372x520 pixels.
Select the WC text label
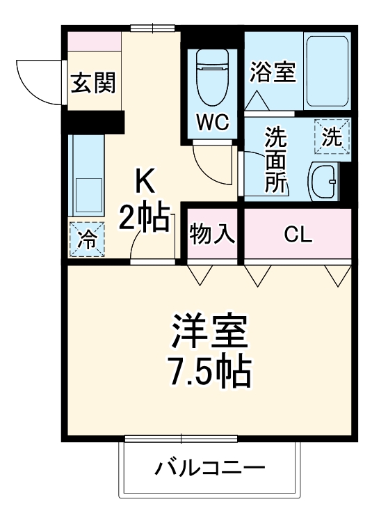click(x=212, y=122)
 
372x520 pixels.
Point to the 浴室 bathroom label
click(x=273, y=72)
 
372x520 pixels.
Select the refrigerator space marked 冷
click(x=87, y=239)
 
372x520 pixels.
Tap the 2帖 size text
click(x=145, y=219)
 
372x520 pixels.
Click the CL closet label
click(x=298, y=235)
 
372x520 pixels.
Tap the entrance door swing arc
click(x=38, y=80)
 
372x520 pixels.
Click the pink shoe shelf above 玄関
click(x=95, y=42)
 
